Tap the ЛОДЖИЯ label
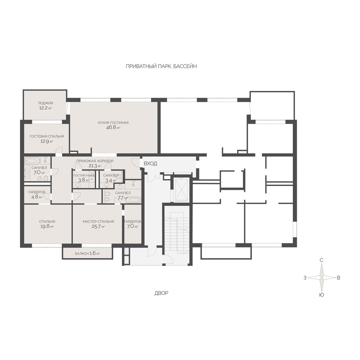45,103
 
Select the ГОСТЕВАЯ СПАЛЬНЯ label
47,136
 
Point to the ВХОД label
150,164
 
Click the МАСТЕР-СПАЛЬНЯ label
98,222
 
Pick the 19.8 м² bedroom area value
47,226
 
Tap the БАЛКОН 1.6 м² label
87,253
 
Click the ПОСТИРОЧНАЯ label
84,175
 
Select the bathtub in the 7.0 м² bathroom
32,160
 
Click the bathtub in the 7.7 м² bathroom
133,200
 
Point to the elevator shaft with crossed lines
181,190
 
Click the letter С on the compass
321,260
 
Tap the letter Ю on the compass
321,295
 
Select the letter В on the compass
338,277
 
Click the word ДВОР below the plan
161,293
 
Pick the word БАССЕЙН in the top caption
185,66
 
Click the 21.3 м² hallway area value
95,166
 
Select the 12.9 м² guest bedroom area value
47,141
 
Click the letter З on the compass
305,277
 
